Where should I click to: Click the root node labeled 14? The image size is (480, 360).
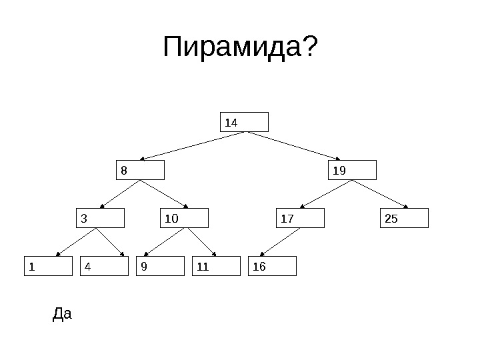[x=244, y=122]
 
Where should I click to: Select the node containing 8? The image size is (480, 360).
[x=140, y=170]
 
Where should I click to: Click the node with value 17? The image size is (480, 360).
[x=300, y=218]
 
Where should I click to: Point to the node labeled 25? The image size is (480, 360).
[x=404, y=218]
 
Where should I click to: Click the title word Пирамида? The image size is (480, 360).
[x=240, y=47]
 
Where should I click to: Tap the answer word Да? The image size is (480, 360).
[x=61, y=313]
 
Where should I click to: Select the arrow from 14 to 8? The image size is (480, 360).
[x=193, y=146]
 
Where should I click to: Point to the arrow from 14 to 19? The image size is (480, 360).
[x=300, y=146]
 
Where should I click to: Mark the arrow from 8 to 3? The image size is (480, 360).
[x=119, y=194]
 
